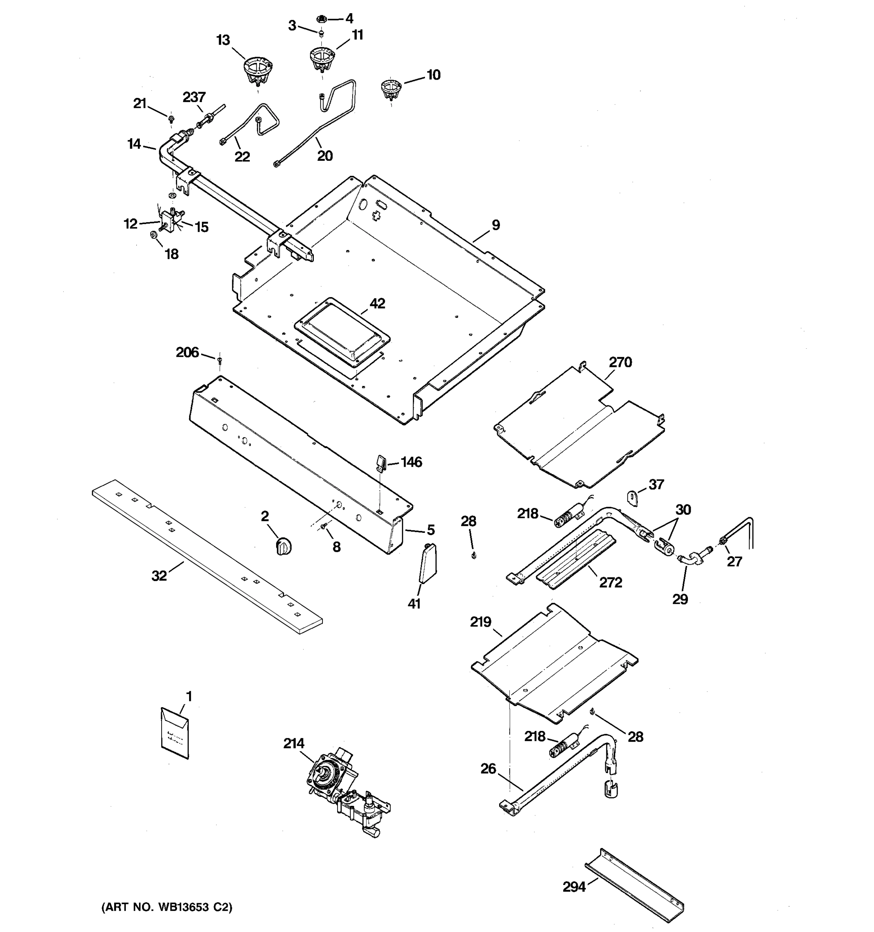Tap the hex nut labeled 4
pos(321,19)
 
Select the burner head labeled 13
pos(258,70)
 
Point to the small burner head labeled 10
pos(390,89)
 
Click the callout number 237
pos(194,97)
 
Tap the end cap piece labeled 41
pos(427,563)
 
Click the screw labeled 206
pos(219,360)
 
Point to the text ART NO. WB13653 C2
pos(167,907)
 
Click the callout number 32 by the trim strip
pos(159,576)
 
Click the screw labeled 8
pos(324,528)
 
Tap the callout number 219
pos(480,622)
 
